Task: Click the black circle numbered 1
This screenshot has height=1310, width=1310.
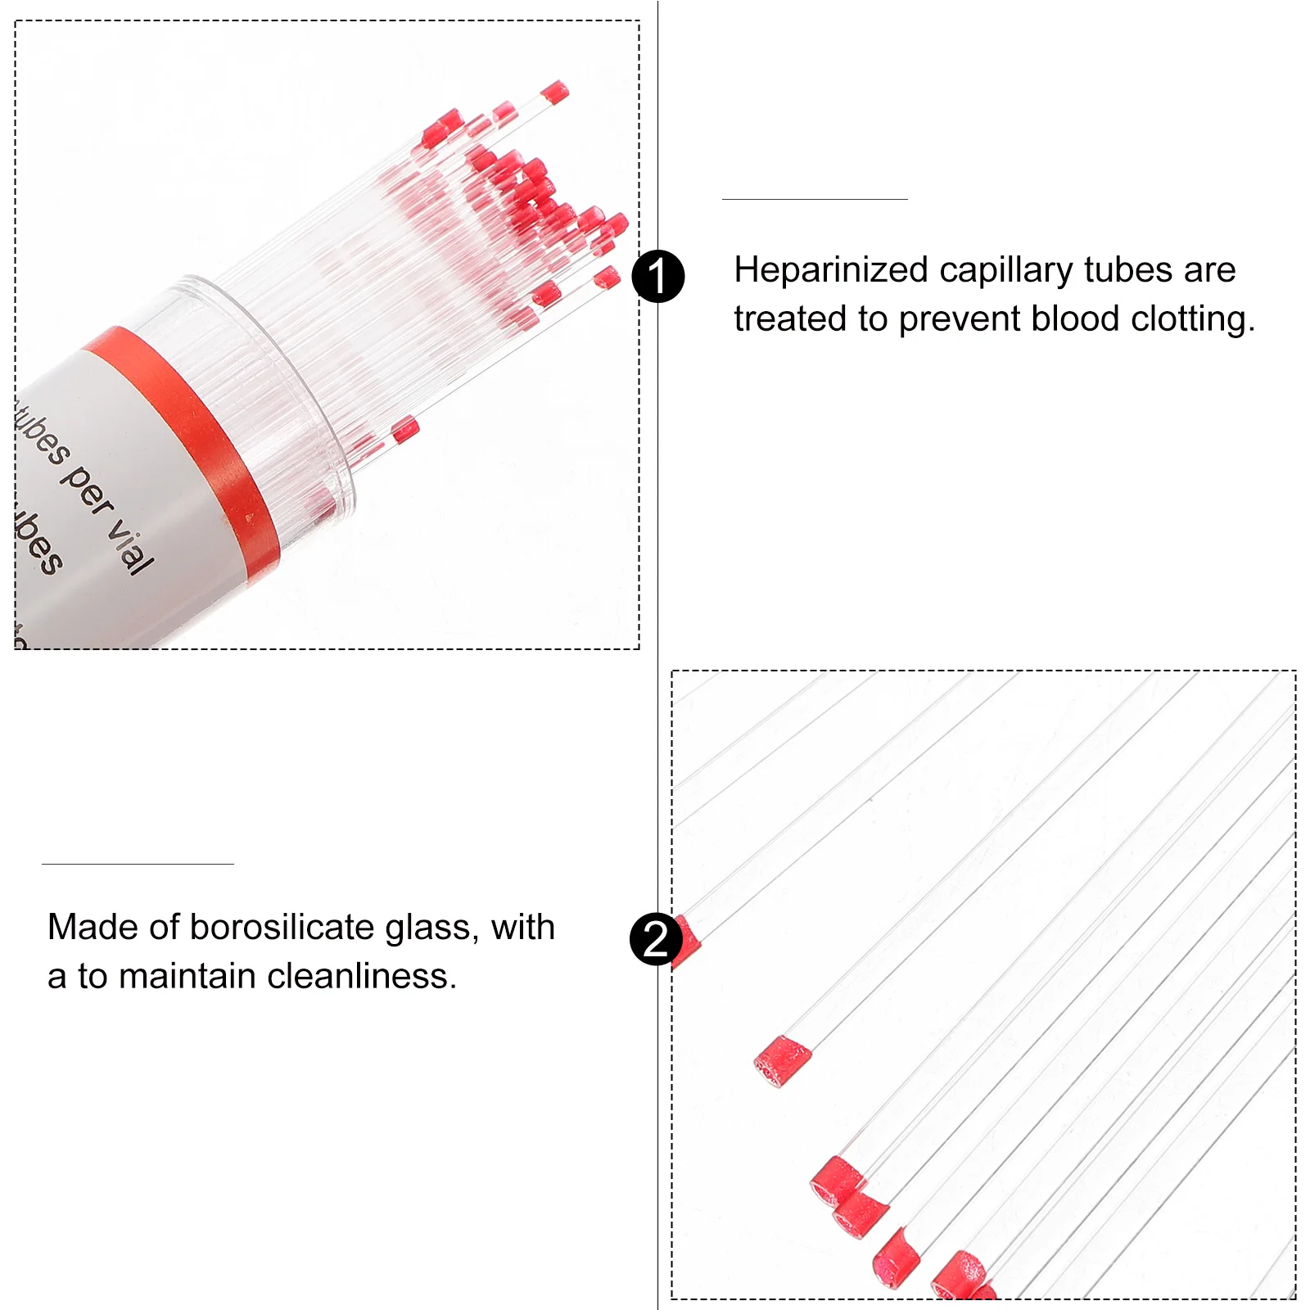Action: coord(658,276)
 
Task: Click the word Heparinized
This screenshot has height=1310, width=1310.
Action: coord(830,270)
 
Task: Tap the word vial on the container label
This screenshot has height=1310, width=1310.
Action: coord(132,544)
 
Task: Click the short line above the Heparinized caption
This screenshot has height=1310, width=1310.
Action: coord(815,199)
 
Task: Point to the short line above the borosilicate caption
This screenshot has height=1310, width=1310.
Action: coord(138,864)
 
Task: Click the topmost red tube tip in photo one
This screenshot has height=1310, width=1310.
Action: coord(554,92)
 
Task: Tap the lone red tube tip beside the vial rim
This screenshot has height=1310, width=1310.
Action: coord(404,429)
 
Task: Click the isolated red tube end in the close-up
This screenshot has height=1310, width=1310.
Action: coord(781,1060)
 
